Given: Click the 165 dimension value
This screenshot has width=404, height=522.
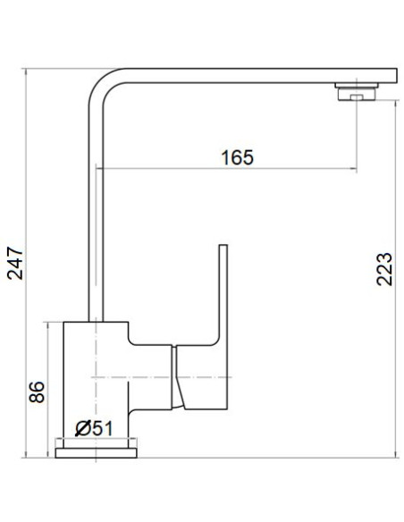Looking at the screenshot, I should click(x=236, y=157).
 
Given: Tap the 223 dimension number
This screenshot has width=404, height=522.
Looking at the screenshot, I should click(x=384, y=267).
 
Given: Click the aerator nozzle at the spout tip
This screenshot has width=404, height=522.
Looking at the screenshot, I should click(x=358, y=91).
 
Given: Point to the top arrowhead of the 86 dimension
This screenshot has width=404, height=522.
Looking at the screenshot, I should click(x=49, y=323).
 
